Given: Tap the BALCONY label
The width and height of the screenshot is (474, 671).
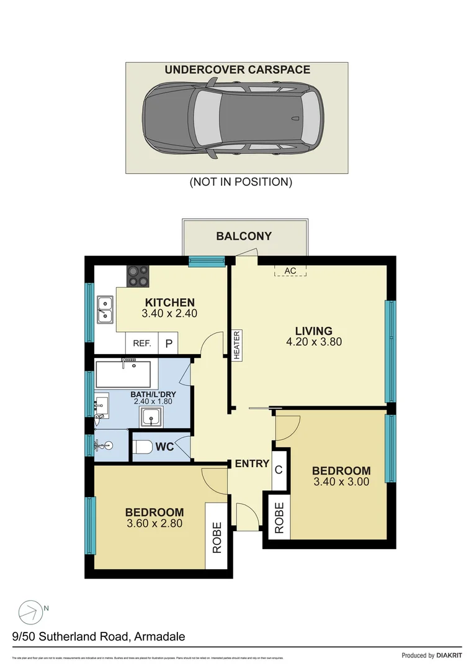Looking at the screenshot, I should pyautogui.click(x=244, y=236).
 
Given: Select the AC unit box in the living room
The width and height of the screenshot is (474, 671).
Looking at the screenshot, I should pyautogui.click(x=290, y=271).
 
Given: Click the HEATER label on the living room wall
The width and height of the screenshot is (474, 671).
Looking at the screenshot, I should pyautogui.click(x=236, y=344).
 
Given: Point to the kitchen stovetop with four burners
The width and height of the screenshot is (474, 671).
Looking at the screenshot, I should pyautogui.click(x=138, y=276).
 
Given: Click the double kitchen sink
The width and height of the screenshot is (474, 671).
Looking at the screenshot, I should pyautogui.click(x=105, y=309).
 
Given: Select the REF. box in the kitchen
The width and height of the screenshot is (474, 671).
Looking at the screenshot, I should pyautogui.click(x=142, y=343).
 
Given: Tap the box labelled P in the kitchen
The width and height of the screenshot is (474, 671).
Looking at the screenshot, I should pyautogui.click(x=169, y=343).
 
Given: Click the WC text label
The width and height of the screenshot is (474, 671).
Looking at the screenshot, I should pyautogui.click(x=164, y=447).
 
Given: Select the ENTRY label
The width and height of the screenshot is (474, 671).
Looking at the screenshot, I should pyautogui.click(x=252, y=463).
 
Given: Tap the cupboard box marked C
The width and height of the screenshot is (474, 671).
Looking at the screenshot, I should pyautogui.click(x=279, y=469).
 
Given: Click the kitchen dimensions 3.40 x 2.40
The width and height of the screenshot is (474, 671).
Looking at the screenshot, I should pyautogui.click(x=169, y=314).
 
